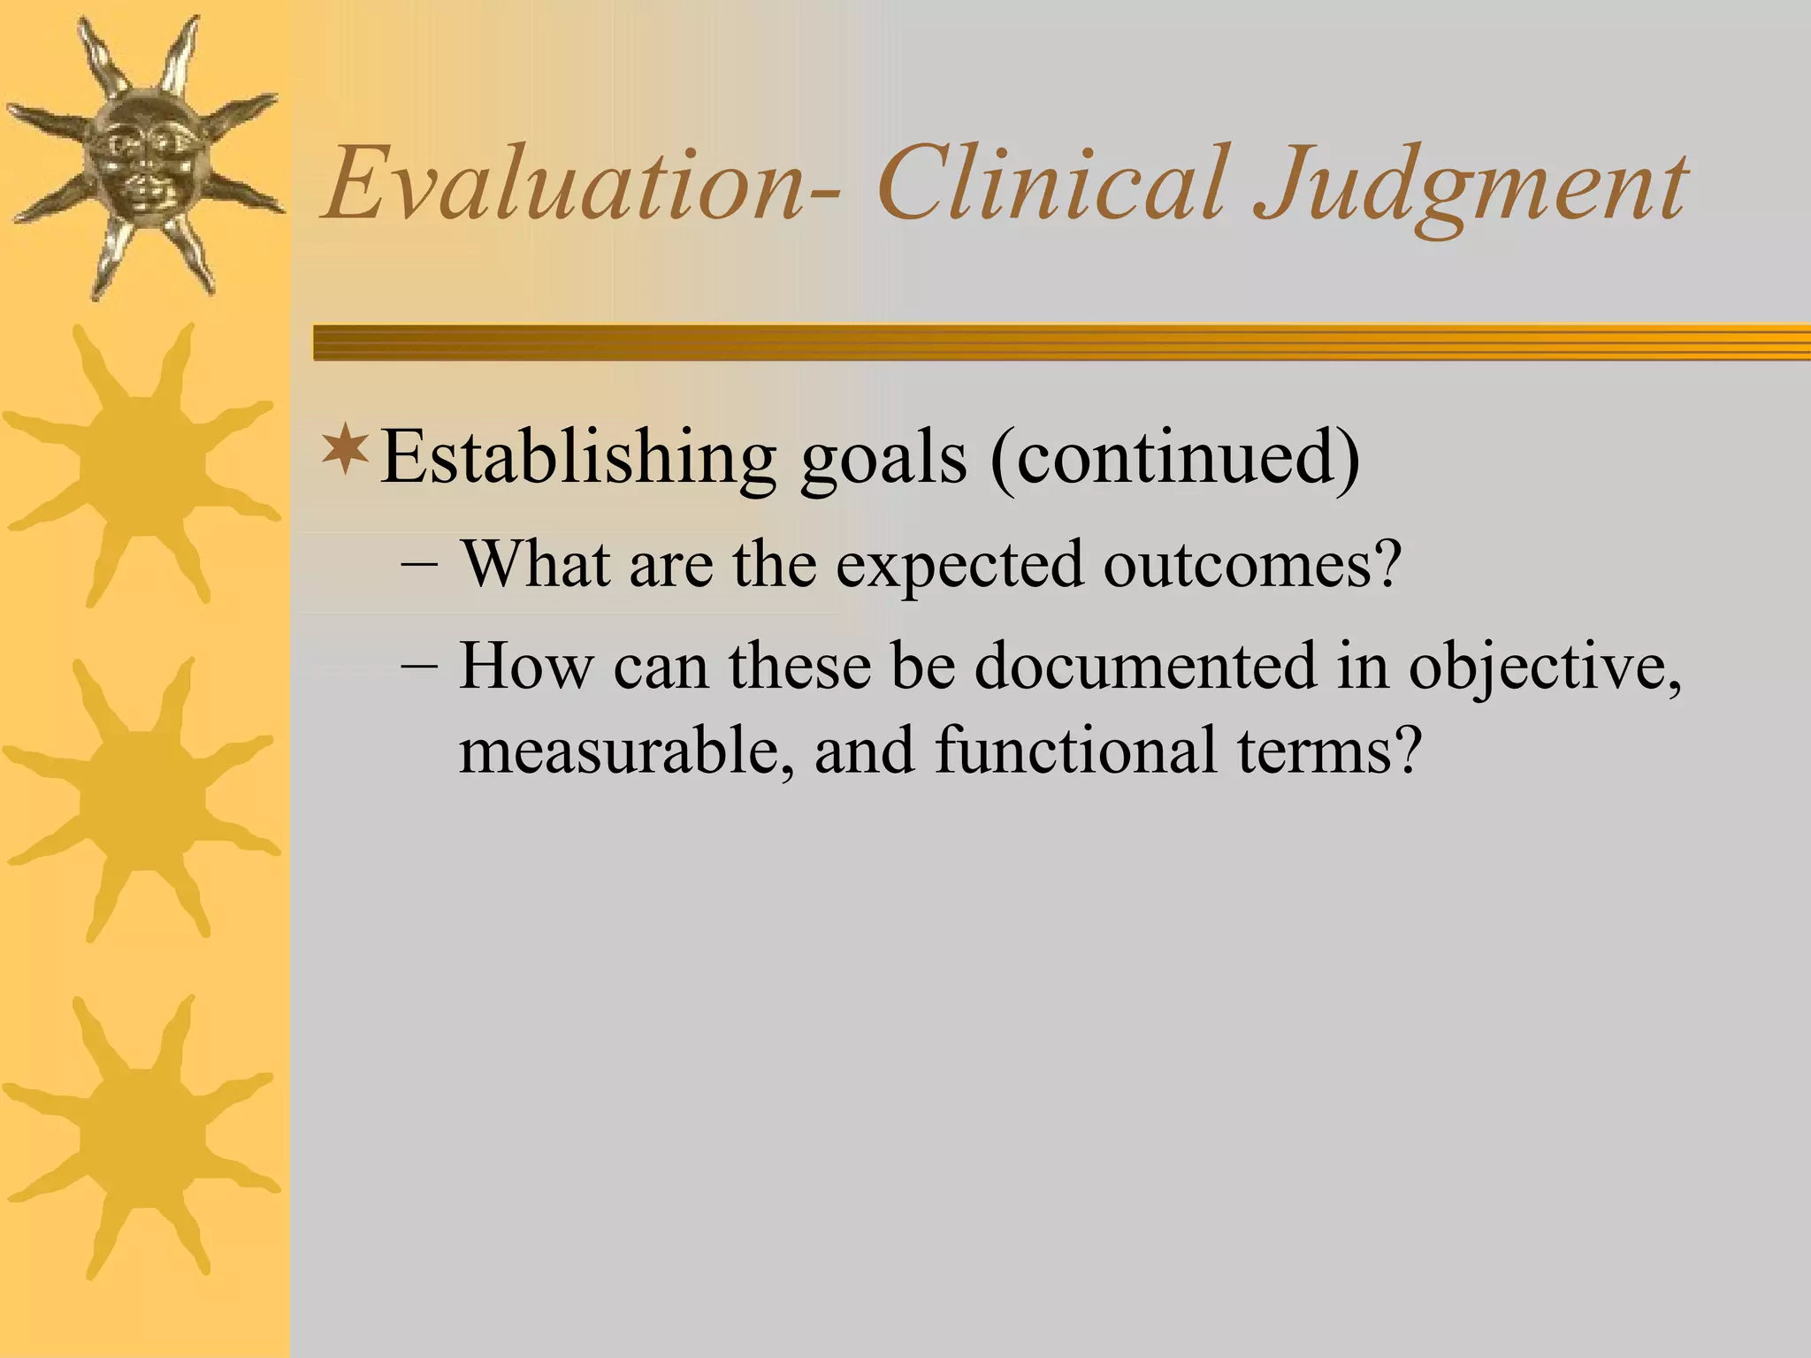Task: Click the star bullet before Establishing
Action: [x=346, y=449]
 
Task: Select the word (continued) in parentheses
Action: [x=1174, y=458]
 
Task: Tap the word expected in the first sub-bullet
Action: [x=959, y=566]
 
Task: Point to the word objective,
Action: [x=1544, y=668]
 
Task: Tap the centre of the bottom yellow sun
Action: [x=141, y=1136]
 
